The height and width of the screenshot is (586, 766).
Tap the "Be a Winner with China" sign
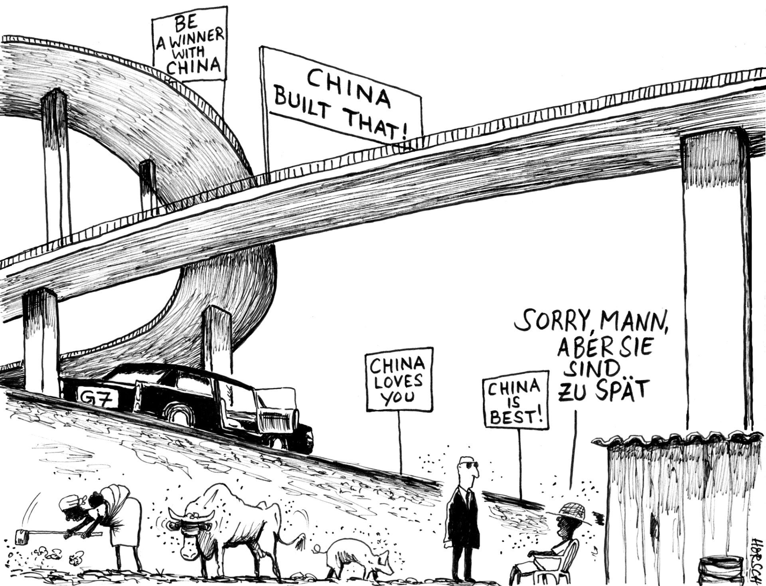click(190, 44)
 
